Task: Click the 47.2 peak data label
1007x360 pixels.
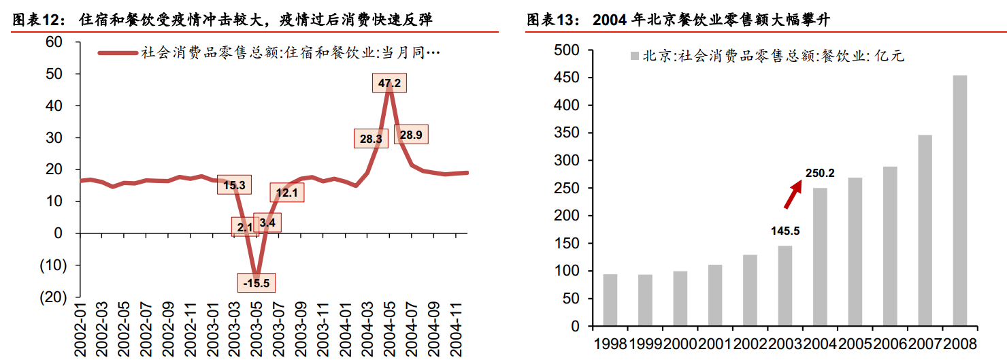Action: pos(389,84)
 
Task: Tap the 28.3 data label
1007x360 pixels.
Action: pos(371,139)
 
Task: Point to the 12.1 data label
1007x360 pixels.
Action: pos(286,193)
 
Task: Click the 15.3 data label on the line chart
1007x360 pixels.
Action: pos(233,184)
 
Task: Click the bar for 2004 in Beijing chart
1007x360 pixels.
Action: pos(820,257)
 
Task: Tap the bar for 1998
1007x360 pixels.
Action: pos(610,300)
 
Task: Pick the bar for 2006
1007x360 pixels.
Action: pos(890,246)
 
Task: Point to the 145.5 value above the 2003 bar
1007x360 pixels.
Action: pos(785,231)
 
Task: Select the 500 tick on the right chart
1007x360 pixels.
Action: pos(566,50)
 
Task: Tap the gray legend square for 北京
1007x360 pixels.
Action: pos(635,56)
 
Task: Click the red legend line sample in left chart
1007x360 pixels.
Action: pos(118,52)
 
